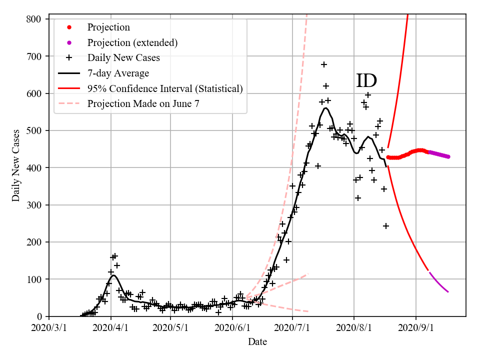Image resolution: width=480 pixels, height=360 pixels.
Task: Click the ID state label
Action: (366, 81)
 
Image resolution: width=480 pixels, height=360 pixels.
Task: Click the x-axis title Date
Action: (257, 342)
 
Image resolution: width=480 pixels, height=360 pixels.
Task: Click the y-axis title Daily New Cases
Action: (16, 165)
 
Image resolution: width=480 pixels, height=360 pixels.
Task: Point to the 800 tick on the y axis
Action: (37, 19)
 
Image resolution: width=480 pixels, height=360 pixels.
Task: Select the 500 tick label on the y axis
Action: (37, 130)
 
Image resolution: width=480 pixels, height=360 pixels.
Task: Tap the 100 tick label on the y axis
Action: (37, 279)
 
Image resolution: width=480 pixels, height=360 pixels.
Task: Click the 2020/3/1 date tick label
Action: (49, 328)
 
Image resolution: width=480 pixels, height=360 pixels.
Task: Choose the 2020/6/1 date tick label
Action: (232, 328)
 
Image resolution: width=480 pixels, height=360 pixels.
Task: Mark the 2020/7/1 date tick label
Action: (293, 328)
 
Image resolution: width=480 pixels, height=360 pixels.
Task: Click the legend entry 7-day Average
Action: (118, 73)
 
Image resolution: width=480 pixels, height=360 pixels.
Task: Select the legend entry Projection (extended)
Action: (132, 42)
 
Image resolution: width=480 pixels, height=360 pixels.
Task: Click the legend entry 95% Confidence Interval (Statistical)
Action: (165, 88)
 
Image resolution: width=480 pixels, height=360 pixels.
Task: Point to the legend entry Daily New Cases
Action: (123, 58)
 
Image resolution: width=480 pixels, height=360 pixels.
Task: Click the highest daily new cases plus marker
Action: (324, 64)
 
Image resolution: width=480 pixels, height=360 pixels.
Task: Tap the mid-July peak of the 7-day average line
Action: (325, 107)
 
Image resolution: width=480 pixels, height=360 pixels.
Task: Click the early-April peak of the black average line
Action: (114, 275)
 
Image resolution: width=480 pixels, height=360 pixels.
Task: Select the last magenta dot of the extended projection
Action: (448, 156)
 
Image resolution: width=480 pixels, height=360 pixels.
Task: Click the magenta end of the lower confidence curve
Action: (448, 291)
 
